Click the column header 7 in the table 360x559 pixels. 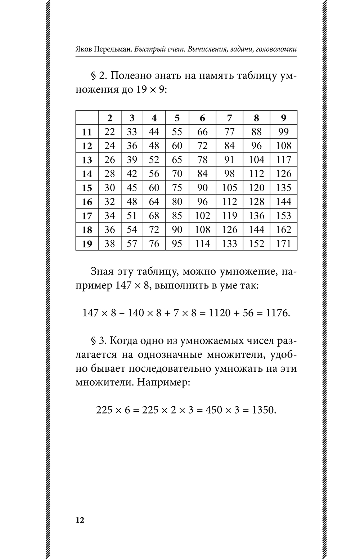[x=229, y=118]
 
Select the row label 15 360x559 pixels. [x=87, y=188]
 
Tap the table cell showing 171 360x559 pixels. [x=283, y=244]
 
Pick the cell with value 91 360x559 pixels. [x=229, y=160]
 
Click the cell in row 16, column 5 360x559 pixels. [x=177, y=202]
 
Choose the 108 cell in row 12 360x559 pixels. [x=283, y=146]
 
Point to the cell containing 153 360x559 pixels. [x=283, y=216]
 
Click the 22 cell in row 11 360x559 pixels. [x=109, y=132]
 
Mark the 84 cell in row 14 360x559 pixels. [x=202, y=174]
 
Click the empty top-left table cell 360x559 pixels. [x=87, y=118]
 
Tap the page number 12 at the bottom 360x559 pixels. [x=80, y=520]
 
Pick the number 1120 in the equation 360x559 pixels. [x=219, y=313]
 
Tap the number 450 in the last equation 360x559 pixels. [x=213, y=410]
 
